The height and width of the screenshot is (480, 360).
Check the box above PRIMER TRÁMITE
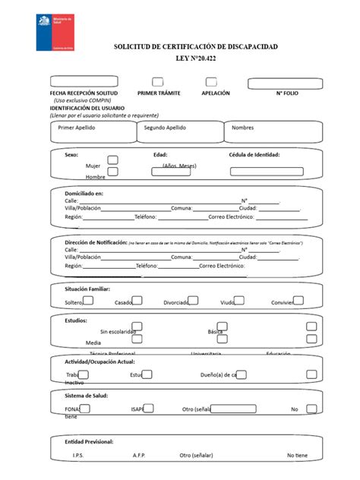click(x=157, y=82)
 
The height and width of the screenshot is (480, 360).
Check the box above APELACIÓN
click(x=210, y=82)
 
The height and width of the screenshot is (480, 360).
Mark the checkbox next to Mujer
click(x=112, y=160)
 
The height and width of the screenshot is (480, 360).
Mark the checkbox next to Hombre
click(x=112, y=172)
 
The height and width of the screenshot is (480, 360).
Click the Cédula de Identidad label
click(x=254, y=154)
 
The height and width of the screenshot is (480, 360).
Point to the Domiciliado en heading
click(x=84, y=194)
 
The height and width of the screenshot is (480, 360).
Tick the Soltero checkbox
click(x=88, y=301)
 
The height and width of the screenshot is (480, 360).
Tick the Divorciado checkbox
click(x=193, y=301)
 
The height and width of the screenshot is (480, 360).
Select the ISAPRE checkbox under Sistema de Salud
click(x=147, y=408)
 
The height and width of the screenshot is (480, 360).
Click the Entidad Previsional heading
click(x=89, y=441)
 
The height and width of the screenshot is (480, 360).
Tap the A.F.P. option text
click(x=139, y=455)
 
